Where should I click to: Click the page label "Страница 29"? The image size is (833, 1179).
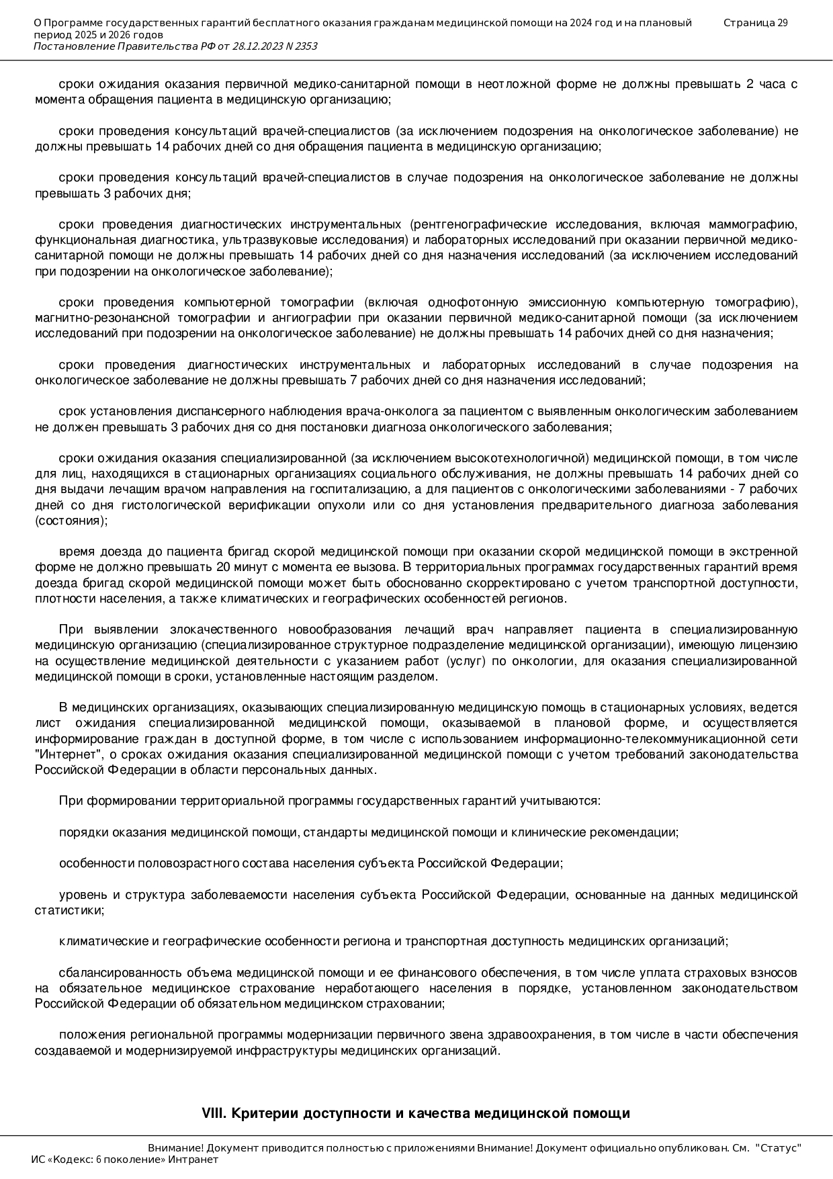(755, 23)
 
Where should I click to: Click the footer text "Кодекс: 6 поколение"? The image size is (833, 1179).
(119, 1160)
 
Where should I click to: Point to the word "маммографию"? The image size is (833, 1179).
(758, 224)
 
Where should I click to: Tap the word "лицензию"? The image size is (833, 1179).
(773, 646)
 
